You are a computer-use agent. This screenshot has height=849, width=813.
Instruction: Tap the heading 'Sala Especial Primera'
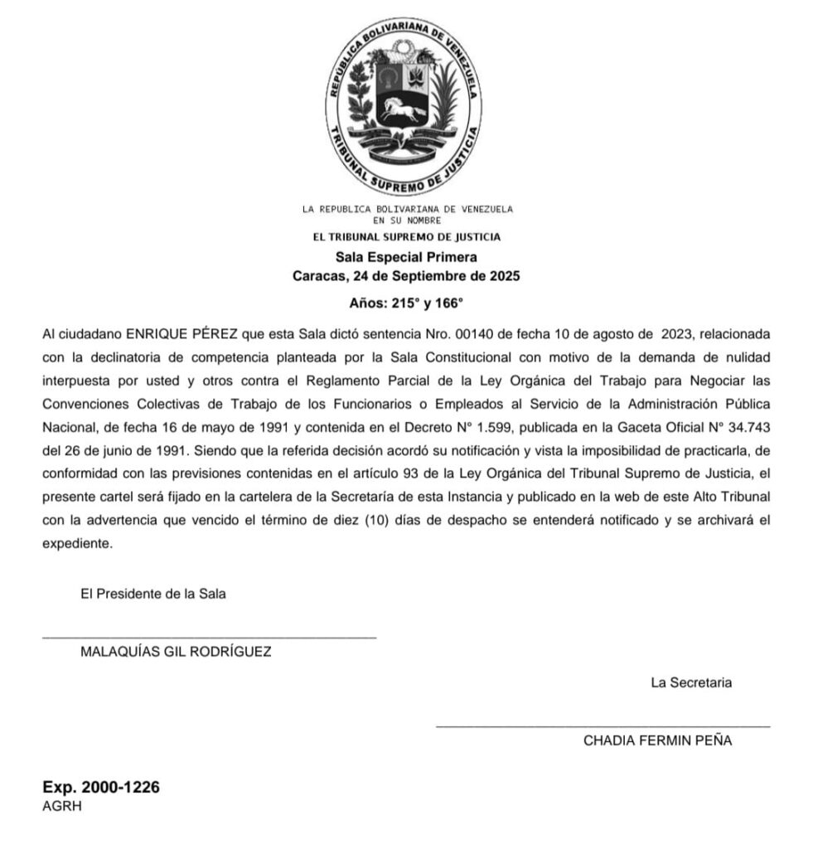[406, 257]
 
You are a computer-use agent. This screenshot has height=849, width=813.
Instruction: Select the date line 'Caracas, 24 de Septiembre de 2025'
[406, 276]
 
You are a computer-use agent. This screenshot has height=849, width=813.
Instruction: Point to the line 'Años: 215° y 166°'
[406, 303]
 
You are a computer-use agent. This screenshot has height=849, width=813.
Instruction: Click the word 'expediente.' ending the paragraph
[76, 545]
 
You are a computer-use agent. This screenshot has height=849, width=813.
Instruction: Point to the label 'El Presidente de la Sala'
[153, 594]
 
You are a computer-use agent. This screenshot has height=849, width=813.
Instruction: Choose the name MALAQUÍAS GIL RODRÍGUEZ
[176, 652]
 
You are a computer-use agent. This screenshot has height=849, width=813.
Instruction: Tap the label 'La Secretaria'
[691, 683]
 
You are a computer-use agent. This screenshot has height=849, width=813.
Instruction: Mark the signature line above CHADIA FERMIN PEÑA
[602, 727]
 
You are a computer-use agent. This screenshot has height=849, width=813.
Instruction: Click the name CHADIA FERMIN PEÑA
[657, 741]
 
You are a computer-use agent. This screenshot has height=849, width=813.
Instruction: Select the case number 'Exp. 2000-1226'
[101, 788]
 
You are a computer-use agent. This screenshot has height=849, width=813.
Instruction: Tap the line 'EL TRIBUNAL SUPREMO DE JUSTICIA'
[406, 237]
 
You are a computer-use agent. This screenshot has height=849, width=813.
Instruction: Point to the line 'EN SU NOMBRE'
[406, 221]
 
